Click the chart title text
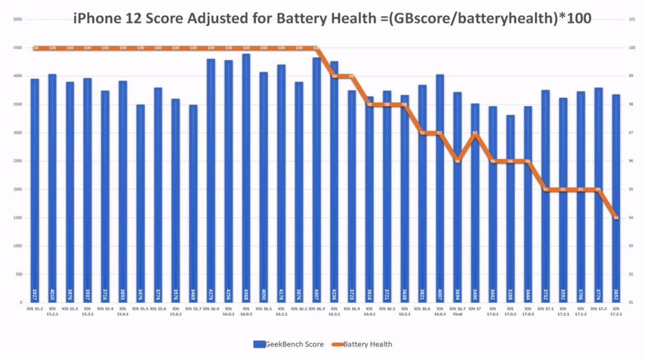[332, 19]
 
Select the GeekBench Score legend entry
[289, 344]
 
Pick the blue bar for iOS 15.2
[35, 191]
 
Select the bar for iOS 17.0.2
[510, 210]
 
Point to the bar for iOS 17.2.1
[616, 201]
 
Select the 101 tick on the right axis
[631, 20]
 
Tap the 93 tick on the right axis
[631, 246]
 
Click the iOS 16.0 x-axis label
[211, 309]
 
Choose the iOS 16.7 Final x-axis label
[458, 312]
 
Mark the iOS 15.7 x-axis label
[193, 309]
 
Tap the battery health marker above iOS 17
[475, 133]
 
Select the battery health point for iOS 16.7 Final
[458, 161]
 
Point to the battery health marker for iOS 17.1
[546, 189]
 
